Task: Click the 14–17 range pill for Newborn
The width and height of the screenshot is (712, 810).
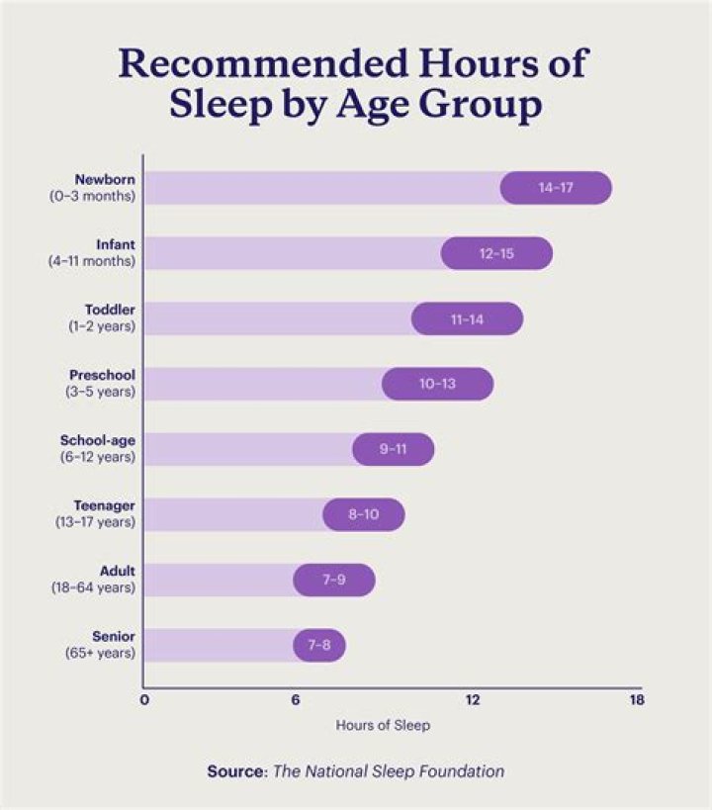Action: pos(556,188)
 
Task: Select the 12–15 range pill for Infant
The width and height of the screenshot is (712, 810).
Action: pos(496,253)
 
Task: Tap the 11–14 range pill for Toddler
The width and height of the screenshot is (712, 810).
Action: pos(467,318)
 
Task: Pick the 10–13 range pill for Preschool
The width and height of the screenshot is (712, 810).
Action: pos(437,384)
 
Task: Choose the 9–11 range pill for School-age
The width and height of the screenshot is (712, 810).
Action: pos(393,449)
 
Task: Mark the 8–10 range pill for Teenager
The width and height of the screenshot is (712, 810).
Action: pos(363,514)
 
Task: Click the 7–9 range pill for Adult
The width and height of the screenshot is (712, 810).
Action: pos(333,580)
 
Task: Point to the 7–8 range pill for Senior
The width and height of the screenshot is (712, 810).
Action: pos(318,645)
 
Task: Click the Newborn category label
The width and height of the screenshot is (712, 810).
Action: pos(105,180)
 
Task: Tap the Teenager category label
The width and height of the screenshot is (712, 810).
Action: pos(104,506)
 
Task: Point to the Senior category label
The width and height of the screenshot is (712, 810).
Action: pos(114,637)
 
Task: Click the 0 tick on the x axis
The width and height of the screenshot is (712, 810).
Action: pos(144,701)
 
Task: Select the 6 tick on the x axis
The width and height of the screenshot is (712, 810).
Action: pos(295,701)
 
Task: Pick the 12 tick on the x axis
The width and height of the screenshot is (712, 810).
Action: pos(473,701)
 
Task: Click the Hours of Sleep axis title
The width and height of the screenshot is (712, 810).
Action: pos(383,725)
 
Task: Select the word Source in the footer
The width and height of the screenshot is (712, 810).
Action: pos(234,771)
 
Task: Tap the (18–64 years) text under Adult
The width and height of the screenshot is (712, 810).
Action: pos(93,588)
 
